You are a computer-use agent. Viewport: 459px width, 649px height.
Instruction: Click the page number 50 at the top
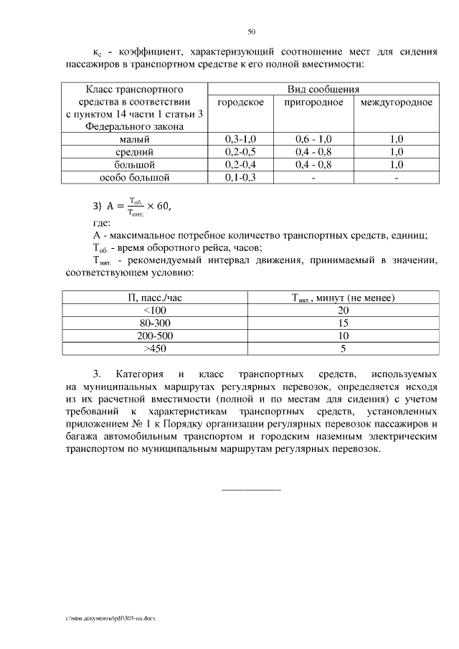pos(251,32)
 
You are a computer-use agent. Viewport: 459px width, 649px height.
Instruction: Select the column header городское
pos(240,103)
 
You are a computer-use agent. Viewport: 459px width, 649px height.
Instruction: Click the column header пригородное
pos(313,103)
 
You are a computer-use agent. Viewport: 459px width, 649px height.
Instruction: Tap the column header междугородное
pos(396,103)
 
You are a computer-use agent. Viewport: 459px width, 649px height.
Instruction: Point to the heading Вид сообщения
pos(323,90)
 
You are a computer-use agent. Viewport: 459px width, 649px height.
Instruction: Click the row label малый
pos(134,139)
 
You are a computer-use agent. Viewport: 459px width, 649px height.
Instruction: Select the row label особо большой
pos(134,177)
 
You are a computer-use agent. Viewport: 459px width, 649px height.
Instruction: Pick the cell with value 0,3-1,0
pos(240,139)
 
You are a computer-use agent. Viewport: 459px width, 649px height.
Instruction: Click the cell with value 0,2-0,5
pos(240,152)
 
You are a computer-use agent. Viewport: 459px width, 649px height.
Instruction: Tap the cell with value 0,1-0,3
pos(240,177)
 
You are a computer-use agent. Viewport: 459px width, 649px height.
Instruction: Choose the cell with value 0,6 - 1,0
pos(313,139)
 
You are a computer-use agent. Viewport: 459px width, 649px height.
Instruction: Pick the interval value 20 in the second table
pos(344,310)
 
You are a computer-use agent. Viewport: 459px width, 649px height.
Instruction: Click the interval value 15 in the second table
pos(344,323)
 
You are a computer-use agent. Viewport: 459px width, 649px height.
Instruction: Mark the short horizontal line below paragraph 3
pos(252,489)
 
